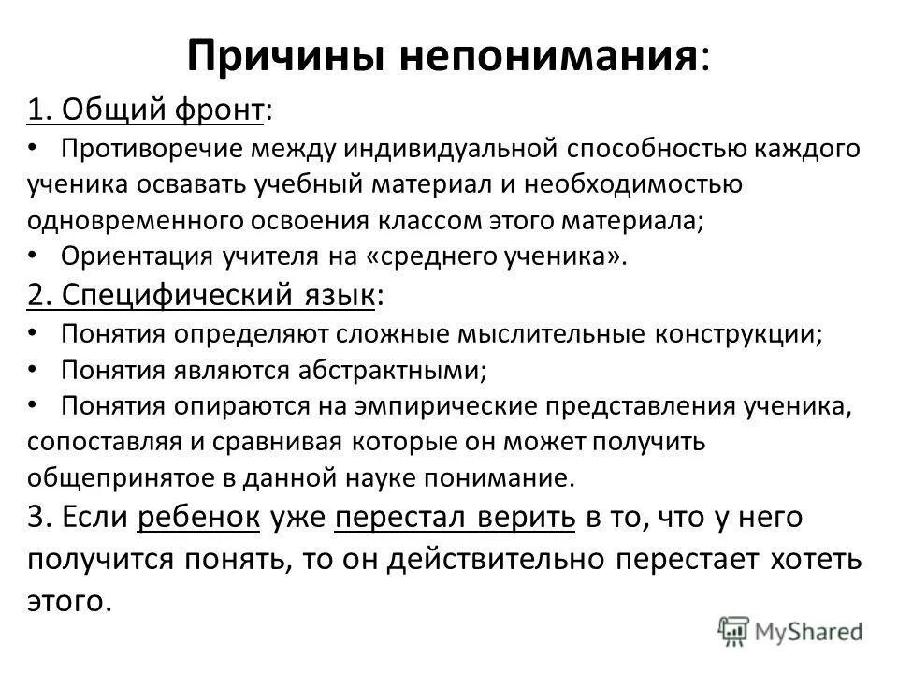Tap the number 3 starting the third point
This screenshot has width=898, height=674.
[x=36, y=517]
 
